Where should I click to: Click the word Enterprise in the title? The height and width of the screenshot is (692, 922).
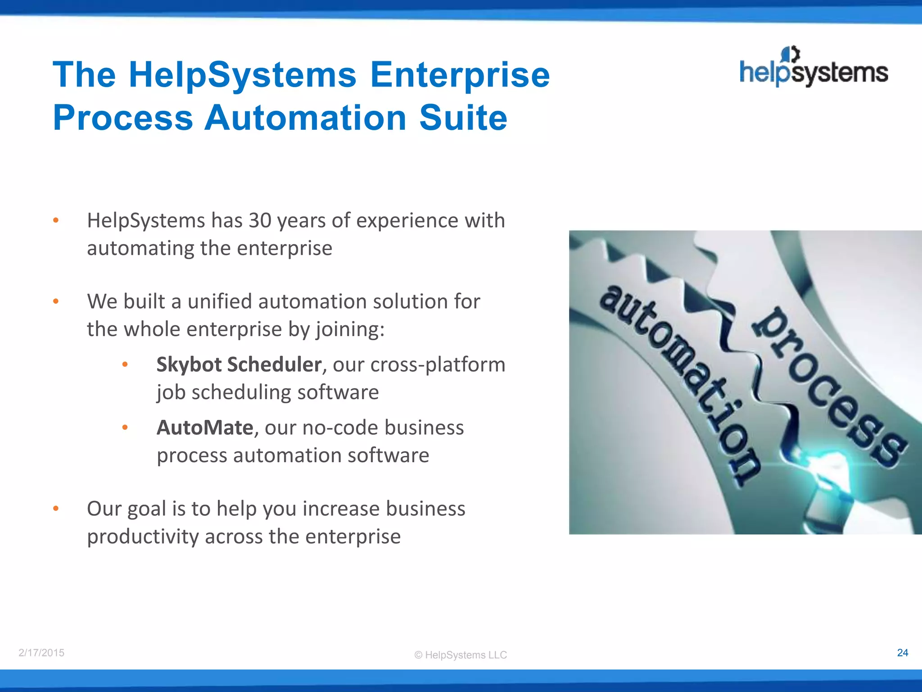(460, 75)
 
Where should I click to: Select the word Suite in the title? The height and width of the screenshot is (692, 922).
(463, 118)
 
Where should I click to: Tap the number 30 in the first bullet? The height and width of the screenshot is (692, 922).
(260, 221)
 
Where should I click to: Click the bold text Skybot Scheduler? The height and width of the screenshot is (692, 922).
(239, 364)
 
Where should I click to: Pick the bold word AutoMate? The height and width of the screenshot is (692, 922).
(205, 428)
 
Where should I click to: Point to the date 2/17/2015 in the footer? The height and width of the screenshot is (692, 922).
(41, 653)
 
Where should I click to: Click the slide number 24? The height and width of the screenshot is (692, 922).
(902, 653)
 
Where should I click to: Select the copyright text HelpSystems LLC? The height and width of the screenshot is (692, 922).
(461, 655)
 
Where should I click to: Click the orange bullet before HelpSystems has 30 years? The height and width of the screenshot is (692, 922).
(56, 221)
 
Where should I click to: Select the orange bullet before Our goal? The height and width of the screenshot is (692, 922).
(56, 509)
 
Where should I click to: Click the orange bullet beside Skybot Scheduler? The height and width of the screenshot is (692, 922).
(125, 364)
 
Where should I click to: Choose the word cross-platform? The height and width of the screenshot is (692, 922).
(438, 364)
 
